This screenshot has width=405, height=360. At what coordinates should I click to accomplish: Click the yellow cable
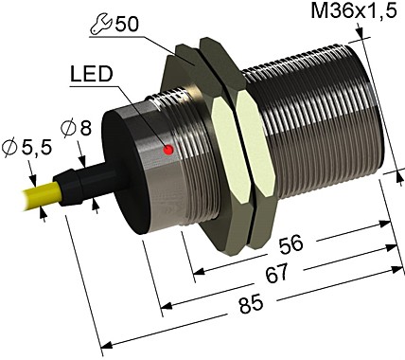pos(28,198)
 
